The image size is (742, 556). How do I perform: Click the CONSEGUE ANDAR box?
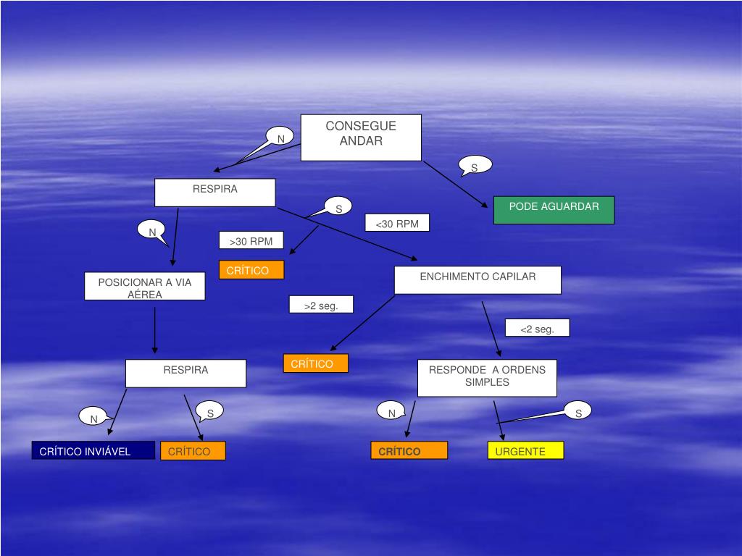[x=361, y=137]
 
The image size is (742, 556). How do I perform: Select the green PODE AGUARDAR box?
[x=554, y=209]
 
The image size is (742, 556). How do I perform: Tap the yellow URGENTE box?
[x=525, y=450]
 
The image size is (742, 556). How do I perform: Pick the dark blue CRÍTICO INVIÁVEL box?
[x=93, y=450]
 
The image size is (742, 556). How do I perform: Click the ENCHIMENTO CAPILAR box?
[x=478, y=279]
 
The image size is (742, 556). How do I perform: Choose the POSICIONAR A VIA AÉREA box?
[x=145, y=286]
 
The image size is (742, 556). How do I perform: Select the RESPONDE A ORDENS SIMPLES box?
[x=487, y=377]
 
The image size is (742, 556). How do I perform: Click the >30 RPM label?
[x=251, y=240]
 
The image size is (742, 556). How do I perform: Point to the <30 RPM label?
[x=397, y=223]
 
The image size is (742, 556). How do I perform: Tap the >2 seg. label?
[x=321, y=305]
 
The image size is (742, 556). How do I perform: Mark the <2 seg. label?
[x=537, y=328]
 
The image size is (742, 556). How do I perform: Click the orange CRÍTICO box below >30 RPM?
[x=251, y=269]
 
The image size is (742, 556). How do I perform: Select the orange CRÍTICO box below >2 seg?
[x=315, y=363]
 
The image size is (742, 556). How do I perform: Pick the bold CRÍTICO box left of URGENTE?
[x=409, y=450]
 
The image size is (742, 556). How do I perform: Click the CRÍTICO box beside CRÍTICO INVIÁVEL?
[x=193, y=450]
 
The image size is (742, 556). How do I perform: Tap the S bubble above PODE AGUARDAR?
[x=475, y=166]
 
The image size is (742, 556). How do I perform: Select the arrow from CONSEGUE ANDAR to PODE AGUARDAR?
[x=455, y=184]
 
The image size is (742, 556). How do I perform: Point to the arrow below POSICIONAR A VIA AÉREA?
[x=155, y=329]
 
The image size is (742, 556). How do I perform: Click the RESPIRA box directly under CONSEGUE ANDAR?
[x=214, y=193]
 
